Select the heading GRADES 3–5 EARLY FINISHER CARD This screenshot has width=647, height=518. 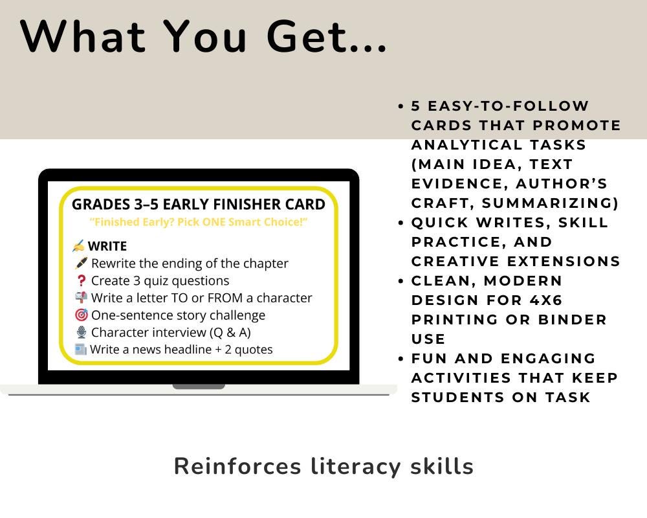199,205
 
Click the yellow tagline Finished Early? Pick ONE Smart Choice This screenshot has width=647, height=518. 198,222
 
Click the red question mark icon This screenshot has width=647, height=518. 81,281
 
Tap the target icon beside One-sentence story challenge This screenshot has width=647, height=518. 81,315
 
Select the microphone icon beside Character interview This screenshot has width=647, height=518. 81,333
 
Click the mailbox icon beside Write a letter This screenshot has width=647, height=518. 81,298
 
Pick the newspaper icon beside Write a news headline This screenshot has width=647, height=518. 80,350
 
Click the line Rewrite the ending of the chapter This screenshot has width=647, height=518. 190,264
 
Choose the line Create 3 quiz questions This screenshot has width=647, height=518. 160,281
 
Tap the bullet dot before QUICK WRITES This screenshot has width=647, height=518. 402,223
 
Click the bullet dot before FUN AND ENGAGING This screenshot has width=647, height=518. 402,359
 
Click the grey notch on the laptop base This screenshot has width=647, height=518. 199,387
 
